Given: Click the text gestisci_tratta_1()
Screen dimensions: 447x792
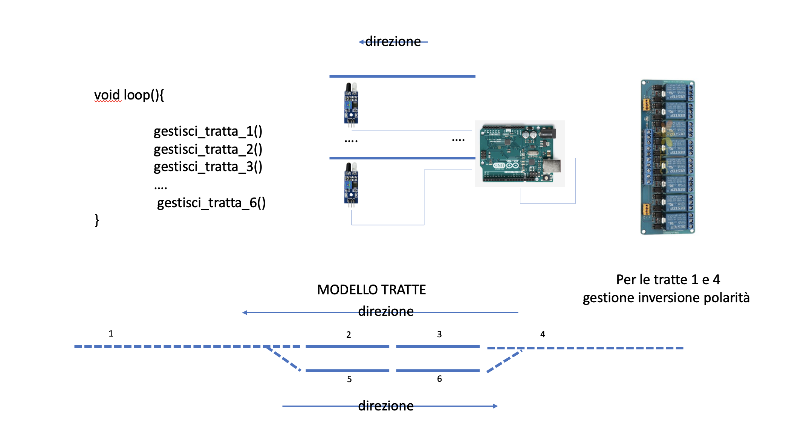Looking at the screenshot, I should pyautogui.click(x=208, y=131).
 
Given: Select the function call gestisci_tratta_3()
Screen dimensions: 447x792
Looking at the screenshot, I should pyautogui.click(x=208, y=167).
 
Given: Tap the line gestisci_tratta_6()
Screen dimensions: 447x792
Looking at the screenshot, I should pyautogui.click(x=211, y=203).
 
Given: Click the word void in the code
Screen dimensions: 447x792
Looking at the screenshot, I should pyautogui.click(x=107, y=95).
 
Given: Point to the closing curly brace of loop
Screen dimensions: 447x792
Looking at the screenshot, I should pyautogui.click(x=97, y=220).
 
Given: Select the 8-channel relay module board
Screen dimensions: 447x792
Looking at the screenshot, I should pyautogui.click(x=668, y=157).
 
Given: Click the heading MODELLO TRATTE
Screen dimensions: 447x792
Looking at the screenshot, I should pyautogui.click(x=371, y=290).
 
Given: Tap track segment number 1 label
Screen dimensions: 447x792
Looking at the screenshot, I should pyautogui.click(x=111, y=334).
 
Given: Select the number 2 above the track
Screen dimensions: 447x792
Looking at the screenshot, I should pyautogui.click(x=349, y=335).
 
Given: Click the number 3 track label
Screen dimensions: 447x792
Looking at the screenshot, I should pyautogui.click(x=439, y=334).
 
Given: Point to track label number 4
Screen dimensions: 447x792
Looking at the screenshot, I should pyautogui.click(x=543, y=334).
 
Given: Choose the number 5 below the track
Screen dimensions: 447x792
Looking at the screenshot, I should pyautogui.click(x=349, y=379).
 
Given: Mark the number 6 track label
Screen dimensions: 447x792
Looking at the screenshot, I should pyautogui.click(x=439, y=379).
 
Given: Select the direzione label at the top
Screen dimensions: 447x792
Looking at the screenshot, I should pyautogui.click(x=393, y=41).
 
